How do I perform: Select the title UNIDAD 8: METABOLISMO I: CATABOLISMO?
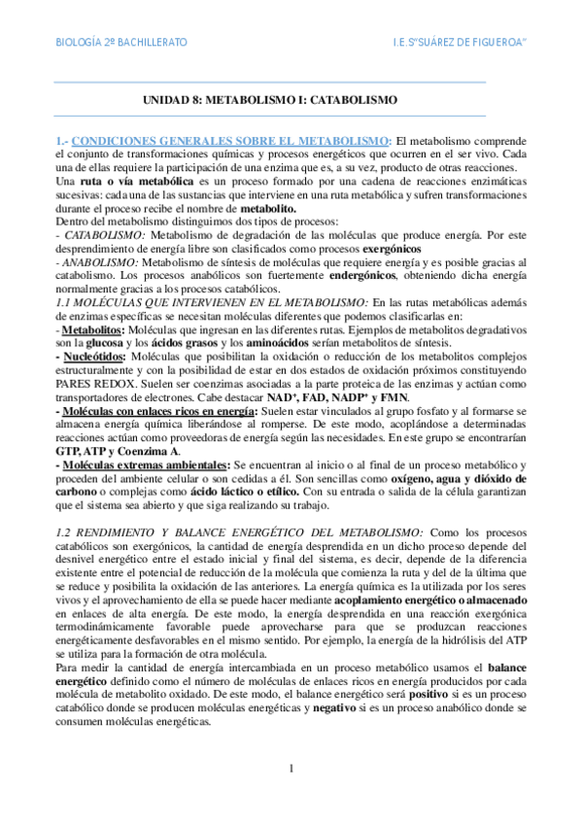(x=270, y=100)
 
